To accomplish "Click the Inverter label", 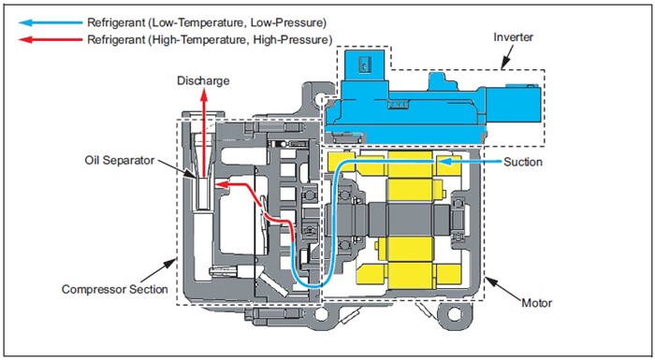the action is pos(513,37).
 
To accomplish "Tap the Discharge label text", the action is pos(203,80).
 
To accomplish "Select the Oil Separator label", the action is pos(120,161).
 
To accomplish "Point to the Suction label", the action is pos(522,162).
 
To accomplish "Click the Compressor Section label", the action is pos(114,290).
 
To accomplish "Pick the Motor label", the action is pos(536,303).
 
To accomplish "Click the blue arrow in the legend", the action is pos(51,22).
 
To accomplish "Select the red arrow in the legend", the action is pos(51,40).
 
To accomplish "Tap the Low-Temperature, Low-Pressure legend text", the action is pos(237,22).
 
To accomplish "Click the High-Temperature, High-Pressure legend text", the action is pos(240,40).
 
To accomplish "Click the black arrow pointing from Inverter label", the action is pos(508,57).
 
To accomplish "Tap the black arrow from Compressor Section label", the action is pos(158,270).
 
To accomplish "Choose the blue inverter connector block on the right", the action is pos(514,105).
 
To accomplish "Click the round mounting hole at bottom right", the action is pos(454,313).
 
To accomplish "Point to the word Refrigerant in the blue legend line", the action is pos(115,22).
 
